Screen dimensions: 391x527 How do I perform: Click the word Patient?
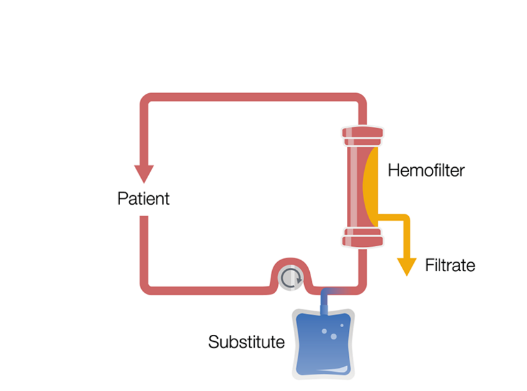coord(143,198)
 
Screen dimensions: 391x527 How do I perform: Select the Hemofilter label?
coord(426,171)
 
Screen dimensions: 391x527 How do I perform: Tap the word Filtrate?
coord(450,265)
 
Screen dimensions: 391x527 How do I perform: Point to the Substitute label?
coord(246,343)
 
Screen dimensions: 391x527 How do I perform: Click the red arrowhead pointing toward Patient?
coord(144,172)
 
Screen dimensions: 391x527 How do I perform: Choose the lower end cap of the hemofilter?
coord(363,237)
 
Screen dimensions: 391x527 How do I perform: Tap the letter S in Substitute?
coord(213,343)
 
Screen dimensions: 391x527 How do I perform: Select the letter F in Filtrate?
coord(429,265)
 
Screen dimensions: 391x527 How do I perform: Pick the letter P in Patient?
coord(122,198)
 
